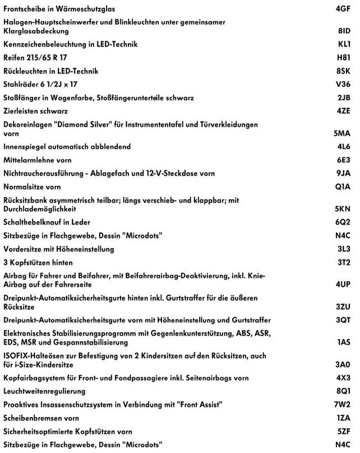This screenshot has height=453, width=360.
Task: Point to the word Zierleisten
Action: click(x=22, y=110)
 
